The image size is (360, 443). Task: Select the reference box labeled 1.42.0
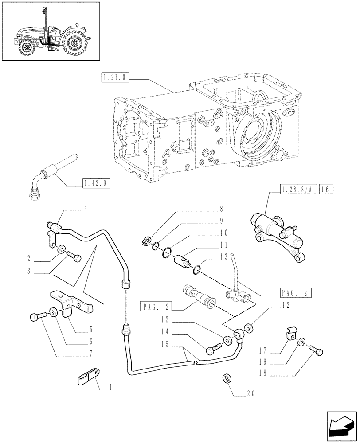click(96, 183)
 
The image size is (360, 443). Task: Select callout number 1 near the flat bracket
click(110, 387)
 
